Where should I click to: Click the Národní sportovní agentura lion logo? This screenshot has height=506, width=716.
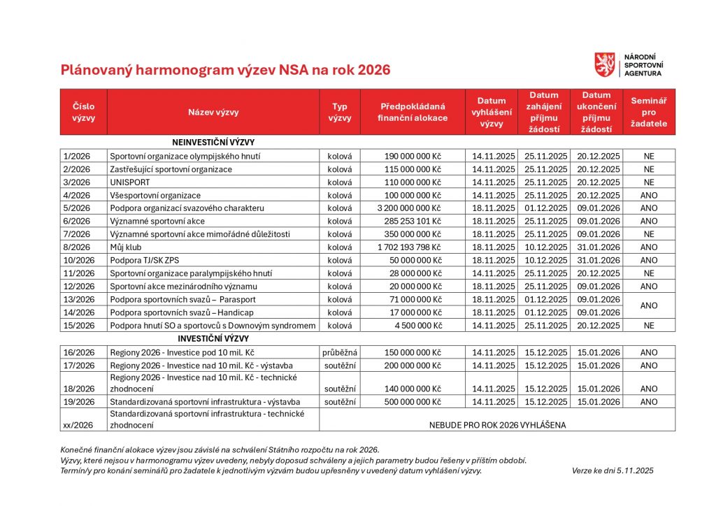[x=604, y=64]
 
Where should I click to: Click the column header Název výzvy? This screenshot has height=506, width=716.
[x=213, y=112]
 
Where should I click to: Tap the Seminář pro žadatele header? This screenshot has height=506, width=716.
[x=649, y=112]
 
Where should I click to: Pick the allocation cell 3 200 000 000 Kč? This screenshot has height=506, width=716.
[x=410, y=208]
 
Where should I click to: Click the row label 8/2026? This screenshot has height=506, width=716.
[x=77, y=247]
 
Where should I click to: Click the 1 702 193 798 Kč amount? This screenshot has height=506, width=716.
[x=410, y=247]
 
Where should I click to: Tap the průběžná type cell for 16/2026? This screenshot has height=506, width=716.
[x=340, y=352]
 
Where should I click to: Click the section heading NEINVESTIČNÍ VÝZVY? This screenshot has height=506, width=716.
[x=213, y=143]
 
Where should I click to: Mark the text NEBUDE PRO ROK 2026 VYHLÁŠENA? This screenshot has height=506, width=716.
[x=497, y=424]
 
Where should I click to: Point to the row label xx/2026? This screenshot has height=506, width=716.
[x=77, y=424]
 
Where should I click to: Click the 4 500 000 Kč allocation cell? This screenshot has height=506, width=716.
[x=419, y=326]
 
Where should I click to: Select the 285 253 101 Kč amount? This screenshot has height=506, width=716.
[x=413, y=222]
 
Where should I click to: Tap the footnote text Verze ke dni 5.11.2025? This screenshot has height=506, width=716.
[x=613, y=471]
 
